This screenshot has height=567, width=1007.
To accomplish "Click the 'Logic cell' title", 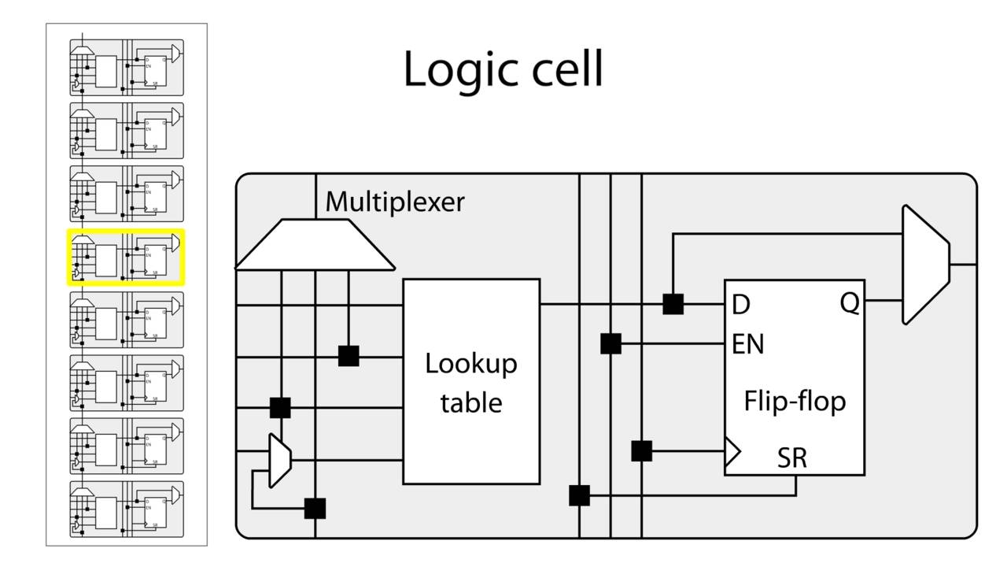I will [503, 69].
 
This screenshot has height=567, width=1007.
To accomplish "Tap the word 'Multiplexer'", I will [395, 202].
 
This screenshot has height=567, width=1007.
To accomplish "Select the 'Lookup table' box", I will [471, 381].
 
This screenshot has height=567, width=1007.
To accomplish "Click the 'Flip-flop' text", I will [795, 401].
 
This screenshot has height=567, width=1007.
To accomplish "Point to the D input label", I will [740, 305].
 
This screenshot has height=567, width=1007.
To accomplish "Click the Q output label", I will [850, 303].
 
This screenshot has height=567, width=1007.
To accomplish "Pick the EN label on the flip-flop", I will [747, 345].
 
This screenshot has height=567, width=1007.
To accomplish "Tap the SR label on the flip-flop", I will [792, 458].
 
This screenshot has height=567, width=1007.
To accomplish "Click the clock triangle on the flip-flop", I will [732, 452].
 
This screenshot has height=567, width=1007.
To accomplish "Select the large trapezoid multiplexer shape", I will [315, 245].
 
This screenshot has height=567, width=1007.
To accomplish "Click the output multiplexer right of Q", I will [925, 265].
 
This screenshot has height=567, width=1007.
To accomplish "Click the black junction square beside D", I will [673, 304].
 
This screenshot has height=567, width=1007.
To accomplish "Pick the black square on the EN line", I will [610, 344].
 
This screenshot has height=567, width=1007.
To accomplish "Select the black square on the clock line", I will [642, 451].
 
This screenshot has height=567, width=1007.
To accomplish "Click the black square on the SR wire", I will [579, 495].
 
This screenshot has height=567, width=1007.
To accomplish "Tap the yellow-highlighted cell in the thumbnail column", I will [127, 258].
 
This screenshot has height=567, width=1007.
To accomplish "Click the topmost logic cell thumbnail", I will [127, 68].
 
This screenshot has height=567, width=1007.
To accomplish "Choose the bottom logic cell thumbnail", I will [127, 510].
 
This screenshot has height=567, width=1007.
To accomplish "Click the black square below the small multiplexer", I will [315, 509].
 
